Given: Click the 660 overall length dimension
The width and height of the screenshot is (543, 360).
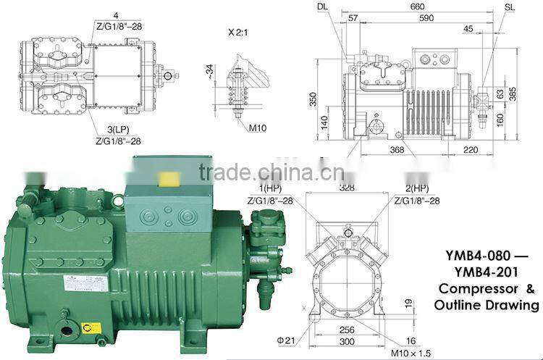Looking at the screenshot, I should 418,6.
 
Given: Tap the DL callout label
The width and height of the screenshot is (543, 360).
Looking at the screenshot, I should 322,7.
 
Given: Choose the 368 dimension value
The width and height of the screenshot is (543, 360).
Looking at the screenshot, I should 397,150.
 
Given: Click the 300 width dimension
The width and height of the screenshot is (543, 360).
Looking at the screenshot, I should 348,340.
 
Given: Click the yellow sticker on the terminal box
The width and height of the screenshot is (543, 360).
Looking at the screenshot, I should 170,179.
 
